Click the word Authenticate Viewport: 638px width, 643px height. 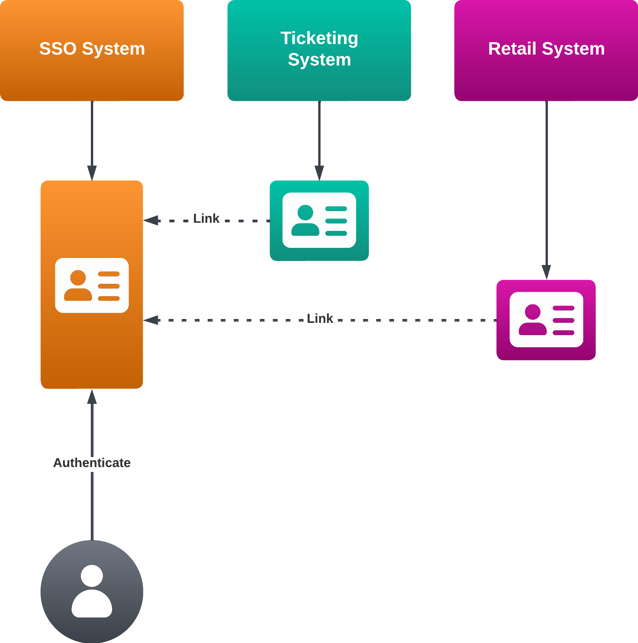[92, 462]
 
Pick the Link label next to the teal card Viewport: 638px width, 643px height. [206, 218]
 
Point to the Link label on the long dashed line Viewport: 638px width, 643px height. [320, 319]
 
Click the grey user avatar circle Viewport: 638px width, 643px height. [92, 591]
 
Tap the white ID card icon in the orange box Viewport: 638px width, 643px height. [92, 285]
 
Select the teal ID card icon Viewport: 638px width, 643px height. [319, 220]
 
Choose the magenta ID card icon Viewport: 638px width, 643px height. [546, 320]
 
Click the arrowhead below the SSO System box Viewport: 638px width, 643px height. [92, 173]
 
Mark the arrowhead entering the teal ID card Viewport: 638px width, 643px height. [319, 173]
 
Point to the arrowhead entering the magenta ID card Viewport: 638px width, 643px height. [546, 272]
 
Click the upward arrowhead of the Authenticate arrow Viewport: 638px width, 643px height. [92, 397]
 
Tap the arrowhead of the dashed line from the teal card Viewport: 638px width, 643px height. [151, 220]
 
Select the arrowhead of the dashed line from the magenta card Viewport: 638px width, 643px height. [151, 320]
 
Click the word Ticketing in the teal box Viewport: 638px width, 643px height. [319, 38]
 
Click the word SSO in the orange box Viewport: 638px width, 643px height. [58, 49]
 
